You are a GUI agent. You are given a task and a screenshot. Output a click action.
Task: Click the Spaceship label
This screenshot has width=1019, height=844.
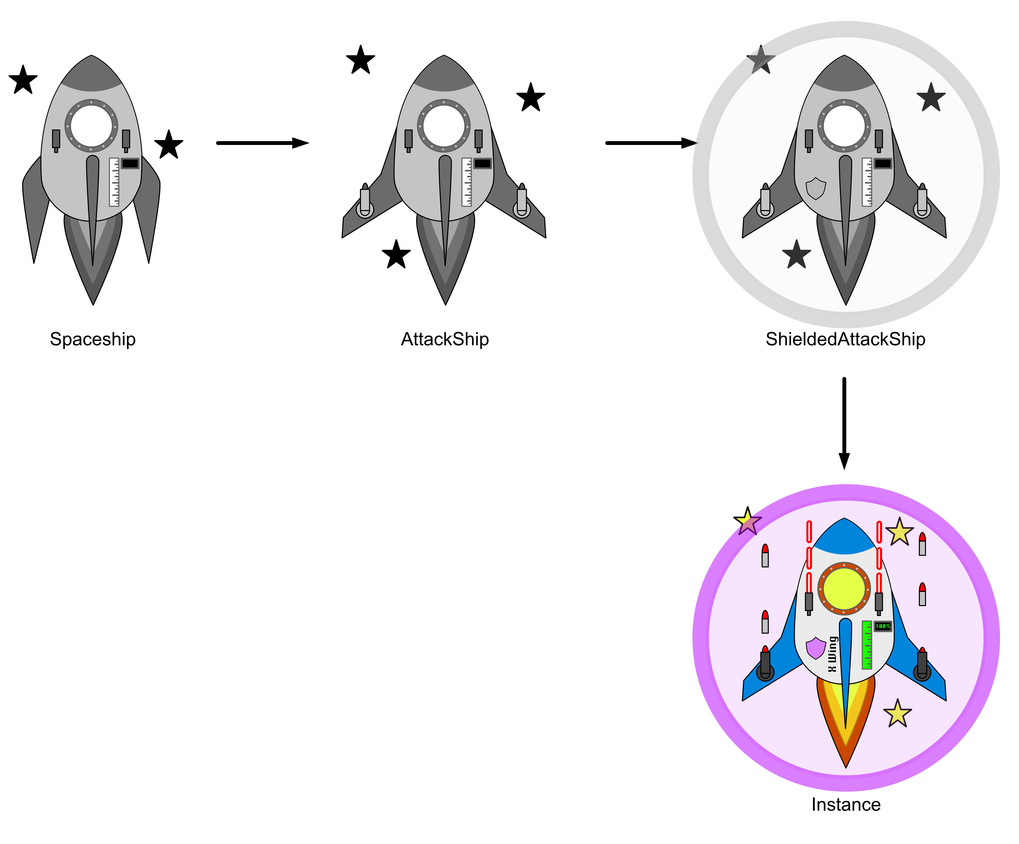tap(93, 339)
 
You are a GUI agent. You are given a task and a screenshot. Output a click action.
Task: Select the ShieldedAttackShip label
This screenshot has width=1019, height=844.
tap(845, 339)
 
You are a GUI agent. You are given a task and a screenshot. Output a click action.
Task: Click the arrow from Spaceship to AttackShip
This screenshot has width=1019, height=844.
tap(262, 143)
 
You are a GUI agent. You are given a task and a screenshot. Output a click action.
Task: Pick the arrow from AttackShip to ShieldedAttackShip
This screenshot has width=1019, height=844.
tap(651, 143)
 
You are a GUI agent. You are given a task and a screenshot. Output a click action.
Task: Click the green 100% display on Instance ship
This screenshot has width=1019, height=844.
tap(883, 626)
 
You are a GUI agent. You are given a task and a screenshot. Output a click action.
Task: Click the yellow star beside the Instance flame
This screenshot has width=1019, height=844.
tap(897, 714)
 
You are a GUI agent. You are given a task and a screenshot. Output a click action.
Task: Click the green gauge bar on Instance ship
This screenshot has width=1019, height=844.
tap(867, 645)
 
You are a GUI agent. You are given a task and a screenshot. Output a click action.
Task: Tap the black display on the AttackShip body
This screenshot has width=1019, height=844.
tap(482, 163)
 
